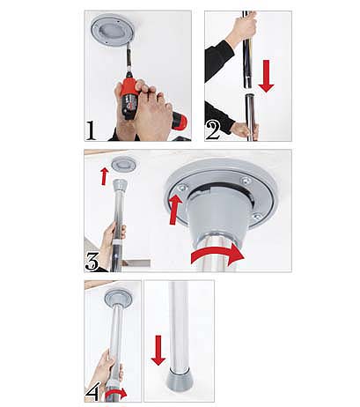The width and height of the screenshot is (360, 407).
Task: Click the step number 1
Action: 92,130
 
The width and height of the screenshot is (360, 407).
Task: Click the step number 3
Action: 92,261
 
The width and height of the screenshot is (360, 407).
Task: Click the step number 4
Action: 92,391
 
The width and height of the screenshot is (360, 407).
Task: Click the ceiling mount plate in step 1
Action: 113,30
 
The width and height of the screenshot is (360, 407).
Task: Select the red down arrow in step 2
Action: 266,76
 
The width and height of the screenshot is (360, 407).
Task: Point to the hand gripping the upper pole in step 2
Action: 243,27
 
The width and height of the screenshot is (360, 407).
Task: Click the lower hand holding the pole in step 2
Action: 245,130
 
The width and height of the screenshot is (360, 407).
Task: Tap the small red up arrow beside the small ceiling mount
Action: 104,176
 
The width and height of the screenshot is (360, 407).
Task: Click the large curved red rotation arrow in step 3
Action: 217,254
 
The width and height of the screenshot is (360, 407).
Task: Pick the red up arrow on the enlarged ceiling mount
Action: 175,210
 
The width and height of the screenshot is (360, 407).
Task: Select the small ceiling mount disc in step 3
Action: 123,165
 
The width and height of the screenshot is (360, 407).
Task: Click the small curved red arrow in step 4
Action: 116,394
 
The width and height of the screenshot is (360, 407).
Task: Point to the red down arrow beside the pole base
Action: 158,351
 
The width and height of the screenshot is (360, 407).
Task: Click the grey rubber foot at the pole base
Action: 179,381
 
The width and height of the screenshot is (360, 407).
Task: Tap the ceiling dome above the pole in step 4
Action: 118,299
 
